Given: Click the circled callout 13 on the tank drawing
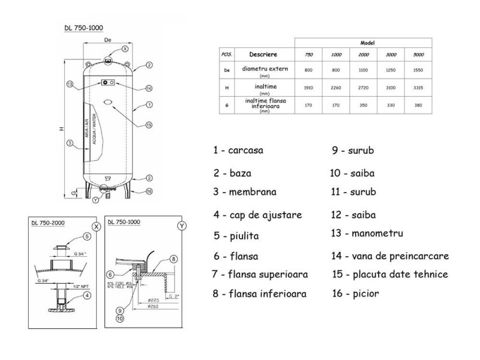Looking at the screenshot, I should [x=70, y=84].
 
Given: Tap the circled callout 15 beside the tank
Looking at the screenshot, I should [x=149, y=125].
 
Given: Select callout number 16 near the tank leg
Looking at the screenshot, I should [x=149, y=191].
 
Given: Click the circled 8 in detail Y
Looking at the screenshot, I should [x=174, y=259].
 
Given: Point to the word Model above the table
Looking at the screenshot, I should [x=368, y=43].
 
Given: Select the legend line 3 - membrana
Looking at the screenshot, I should [x=244, y=192].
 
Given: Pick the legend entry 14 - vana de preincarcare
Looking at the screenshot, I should [x=390, y=256].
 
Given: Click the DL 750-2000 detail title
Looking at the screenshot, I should [x=48, y=223].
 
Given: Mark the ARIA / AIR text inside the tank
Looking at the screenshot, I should [x=87, y=130].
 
